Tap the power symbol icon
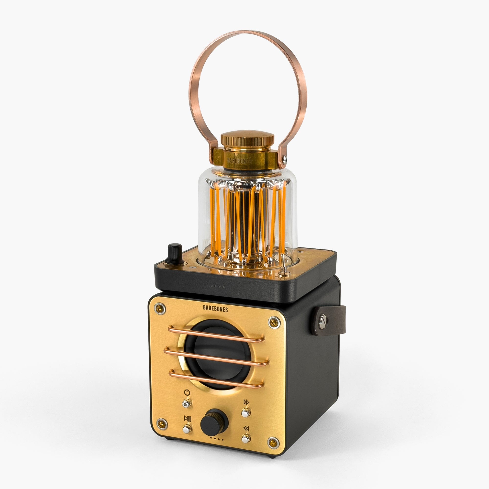coord(187,393)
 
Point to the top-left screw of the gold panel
coord(160,309)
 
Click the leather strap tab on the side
coord(329,321)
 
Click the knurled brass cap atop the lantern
coord(247,139)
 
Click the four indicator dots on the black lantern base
coord(218,287)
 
